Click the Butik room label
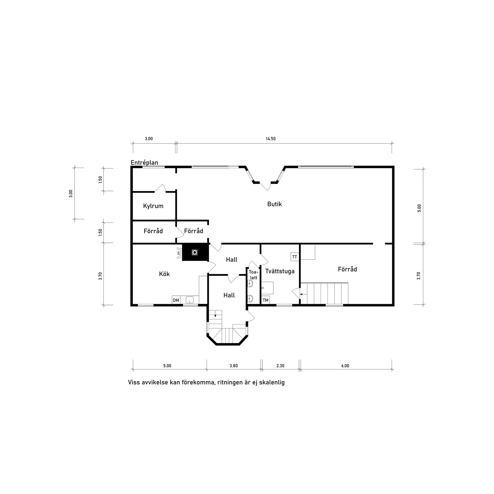[275, 204]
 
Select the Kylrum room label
[153, 206]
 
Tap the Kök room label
[164, 274]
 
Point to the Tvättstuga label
[280, 271]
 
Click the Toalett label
[253, 275]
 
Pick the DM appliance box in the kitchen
[176, 300]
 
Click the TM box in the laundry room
[266, 300]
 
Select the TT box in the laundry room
[295, 257]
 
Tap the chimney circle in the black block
[195, 253]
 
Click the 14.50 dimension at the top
[270, 139]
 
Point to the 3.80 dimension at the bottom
[234, 366]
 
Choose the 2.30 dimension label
[280, 366]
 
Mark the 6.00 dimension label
[345, 366]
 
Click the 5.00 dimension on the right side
[419, 208]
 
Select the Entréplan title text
[144, 163]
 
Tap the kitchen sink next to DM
[190, 299]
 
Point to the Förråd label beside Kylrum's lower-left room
[153, 231]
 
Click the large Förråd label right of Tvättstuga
[347, 269]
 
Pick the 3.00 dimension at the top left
[149, 139]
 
